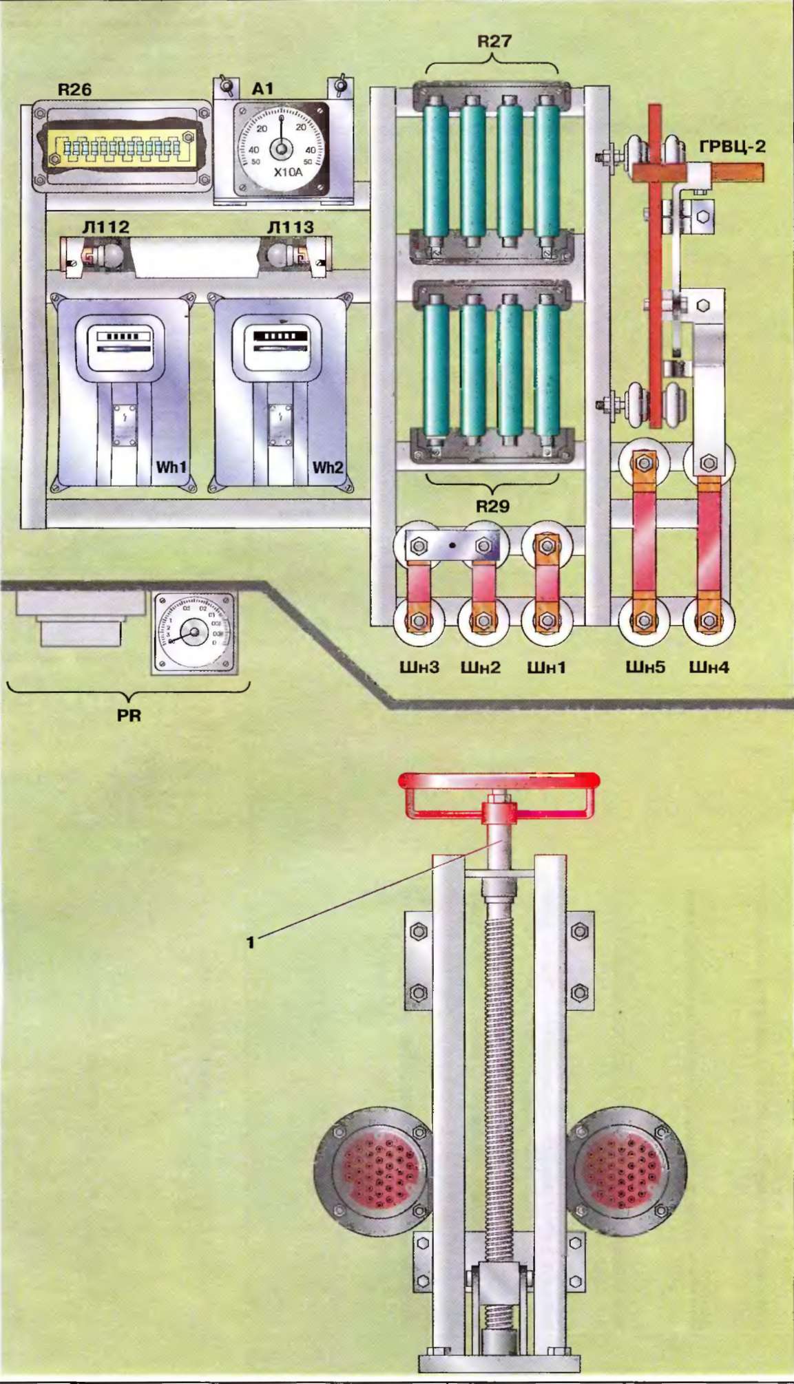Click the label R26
coord(74,89)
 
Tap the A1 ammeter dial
coord(281,148)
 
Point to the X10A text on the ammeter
coord(288,172)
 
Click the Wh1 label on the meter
coord(171,467)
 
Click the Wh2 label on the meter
coord(327,467)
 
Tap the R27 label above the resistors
coord(494,41)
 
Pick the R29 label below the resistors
coord(493,507)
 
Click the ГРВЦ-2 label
coord(732,147)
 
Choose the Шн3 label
coord(419,667)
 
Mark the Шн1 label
coord(546,667)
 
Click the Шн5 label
coord(645,667)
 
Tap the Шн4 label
coord(709,667)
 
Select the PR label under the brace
coord(129,715)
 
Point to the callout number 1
coord(251,941)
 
